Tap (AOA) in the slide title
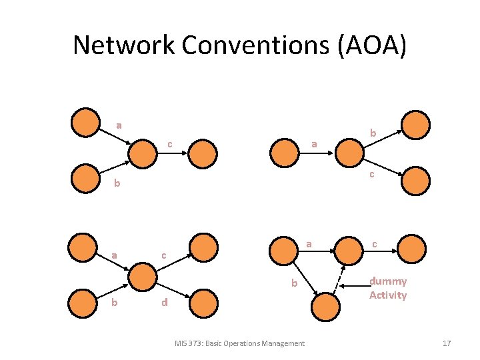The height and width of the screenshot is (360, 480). click(x=376, y=45)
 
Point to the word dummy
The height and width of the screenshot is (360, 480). click(x=388, y=281)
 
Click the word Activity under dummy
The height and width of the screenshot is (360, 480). click(x=387, y=295)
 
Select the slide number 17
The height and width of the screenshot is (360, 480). click(x=447, y=343)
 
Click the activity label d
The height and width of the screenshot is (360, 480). click(x=164, y=304)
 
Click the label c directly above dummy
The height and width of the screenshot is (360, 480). click(x=374, y=245)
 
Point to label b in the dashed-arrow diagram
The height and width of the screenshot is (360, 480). click(x=294, y=283)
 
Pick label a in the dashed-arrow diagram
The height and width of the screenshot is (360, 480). click(x=308, y=245)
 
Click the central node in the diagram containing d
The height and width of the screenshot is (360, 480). click(x=143, y=277)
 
